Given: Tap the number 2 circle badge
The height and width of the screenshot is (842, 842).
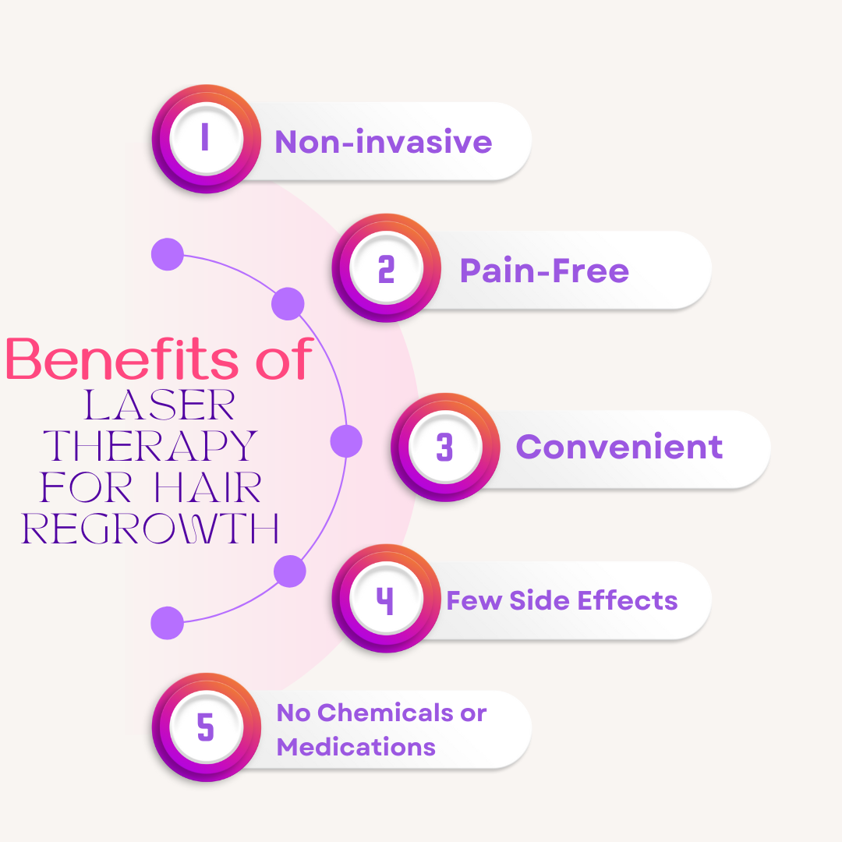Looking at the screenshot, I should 386,268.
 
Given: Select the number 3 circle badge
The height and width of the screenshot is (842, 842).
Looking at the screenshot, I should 445,448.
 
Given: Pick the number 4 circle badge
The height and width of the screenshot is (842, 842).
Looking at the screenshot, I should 386,599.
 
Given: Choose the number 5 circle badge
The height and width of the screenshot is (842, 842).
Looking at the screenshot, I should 206,727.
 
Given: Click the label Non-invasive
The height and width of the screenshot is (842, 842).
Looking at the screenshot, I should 383,142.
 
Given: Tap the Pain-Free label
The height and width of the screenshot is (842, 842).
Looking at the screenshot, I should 544,271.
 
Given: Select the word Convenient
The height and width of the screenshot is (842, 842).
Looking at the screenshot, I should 619,447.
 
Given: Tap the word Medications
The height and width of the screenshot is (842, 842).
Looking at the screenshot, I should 356,747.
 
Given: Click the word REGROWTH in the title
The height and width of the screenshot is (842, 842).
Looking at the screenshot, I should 150,529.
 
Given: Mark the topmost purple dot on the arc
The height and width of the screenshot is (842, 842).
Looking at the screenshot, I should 167,255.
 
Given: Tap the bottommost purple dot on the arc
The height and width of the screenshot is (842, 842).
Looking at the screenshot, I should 167,623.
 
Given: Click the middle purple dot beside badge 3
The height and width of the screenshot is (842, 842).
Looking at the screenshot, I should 346,441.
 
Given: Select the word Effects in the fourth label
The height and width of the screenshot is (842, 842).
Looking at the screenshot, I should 632,600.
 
